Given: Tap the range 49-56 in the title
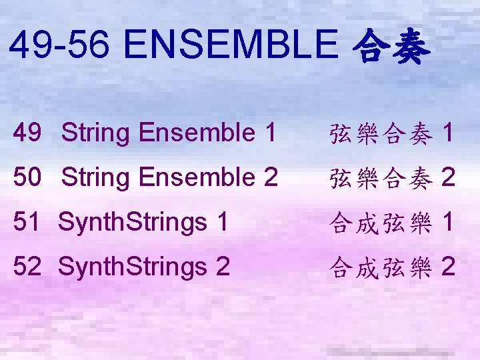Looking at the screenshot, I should coord(62,46).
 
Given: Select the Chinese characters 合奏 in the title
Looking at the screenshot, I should coord(389,47).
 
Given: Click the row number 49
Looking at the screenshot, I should coord(26,133).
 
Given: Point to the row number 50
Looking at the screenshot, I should coord(26,177).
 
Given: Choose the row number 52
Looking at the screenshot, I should coord(26,267).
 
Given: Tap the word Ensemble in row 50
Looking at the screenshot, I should coord(193,178).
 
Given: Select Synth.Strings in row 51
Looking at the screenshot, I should coord(133,223).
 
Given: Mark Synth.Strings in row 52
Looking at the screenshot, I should coord(133,267).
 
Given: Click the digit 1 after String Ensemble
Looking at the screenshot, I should coord(269,133).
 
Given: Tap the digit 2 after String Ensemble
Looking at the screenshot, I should coord(270,177).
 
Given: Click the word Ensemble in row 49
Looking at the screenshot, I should coord(193,133).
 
